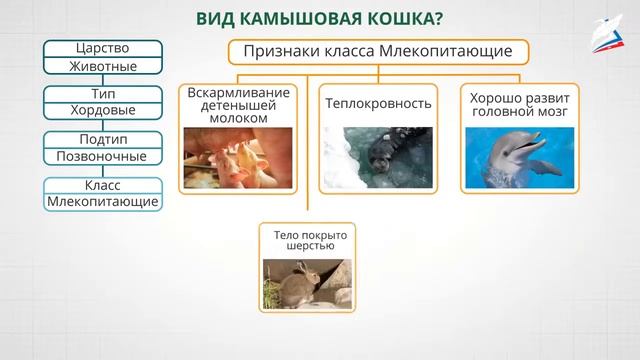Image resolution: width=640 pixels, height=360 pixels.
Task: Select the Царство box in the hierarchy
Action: click(102, 48)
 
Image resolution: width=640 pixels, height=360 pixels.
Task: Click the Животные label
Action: click(102, 67)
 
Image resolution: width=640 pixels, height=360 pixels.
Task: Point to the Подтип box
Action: click(102, 138)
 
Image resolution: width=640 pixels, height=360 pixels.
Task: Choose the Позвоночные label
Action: click(102, 157)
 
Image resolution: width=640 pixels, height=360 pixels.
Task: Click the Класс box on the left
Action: click(102, 184)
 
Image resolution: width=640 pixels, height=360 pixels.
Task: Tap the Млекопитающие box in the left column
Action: click(102, 202)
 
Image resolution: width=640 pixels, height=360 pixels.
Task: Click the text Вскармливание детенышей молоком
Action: click(239, 105)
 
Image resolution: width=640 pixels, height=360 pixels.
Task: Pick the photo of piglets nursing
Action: click(238, 158)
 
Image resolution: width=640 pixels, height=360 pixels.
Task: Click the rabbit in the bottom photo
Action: click(297, 284)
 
